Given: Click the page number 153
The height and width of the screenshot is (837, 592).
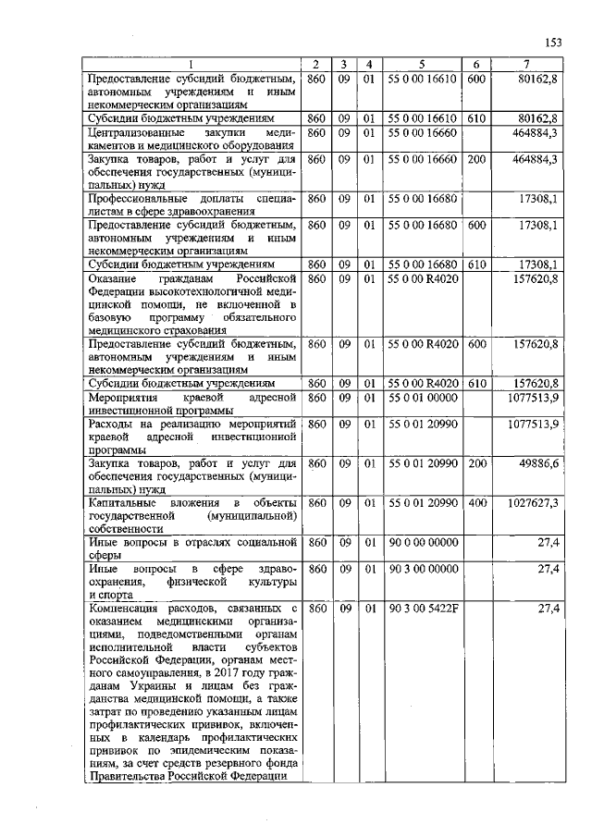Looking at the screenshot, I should coord(553,42).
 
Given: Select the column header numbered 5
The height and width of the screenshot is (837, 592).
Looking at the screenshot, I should coord(421,64).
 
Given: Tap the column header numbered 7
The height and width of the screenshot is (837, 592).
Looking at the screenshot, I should coord(526,64).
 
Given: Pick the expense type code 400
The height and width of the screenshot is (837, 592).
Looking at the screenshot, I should coord(476,502).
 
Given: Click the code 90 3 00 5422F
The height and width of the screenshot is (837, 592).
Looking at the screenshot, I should coord(422,608).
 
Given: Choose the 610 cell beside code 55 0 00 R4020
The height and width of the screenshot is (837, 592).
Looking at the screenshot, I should coord(476,383).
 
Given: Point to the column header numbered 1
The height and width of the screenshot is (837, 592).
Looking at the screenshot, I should coord(190,64).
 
